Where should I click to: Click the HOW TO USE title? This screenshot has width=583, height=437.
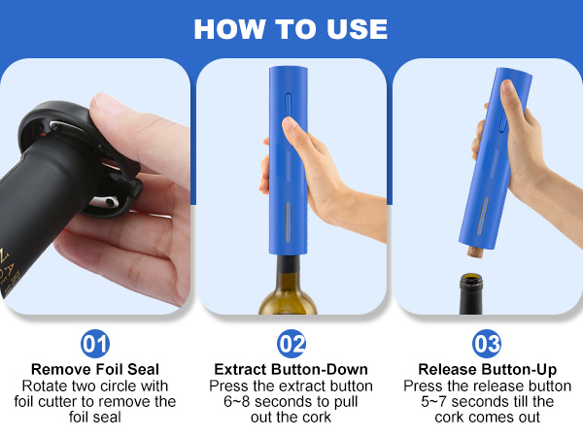click(x=291, y=28)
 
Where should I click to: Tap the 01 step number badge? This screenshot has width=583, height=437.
click(x=95, y=344)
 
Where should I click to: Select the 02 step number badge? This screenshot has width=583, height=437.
click(x=292, y=344)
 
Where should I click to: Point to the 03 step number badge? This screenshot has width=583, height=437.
click(x=487, y=344)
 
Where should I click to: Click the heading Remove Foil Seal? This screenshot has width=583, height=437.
click(x=95, y=369)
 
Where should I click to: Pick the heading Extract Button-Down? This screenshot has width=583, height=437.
click(x=292, y=369)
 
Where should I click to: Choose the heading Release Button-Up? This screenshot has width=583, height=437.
click(x=487, y=369)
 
